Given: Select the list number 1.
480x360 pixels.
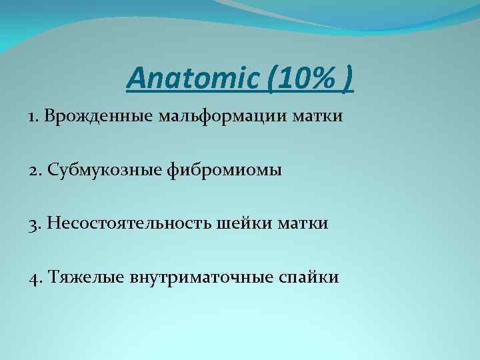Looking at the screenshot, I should [32, 117].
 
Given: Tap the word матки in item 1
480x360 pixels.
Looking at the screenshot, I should [319, 117].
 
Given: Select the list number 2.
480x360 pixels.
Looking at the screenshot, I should [33, 171].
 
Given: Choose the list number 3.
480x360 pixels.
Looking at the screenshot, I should [33, 224].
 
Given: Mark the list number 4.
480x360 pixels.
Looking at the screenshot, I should [33, 277].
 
